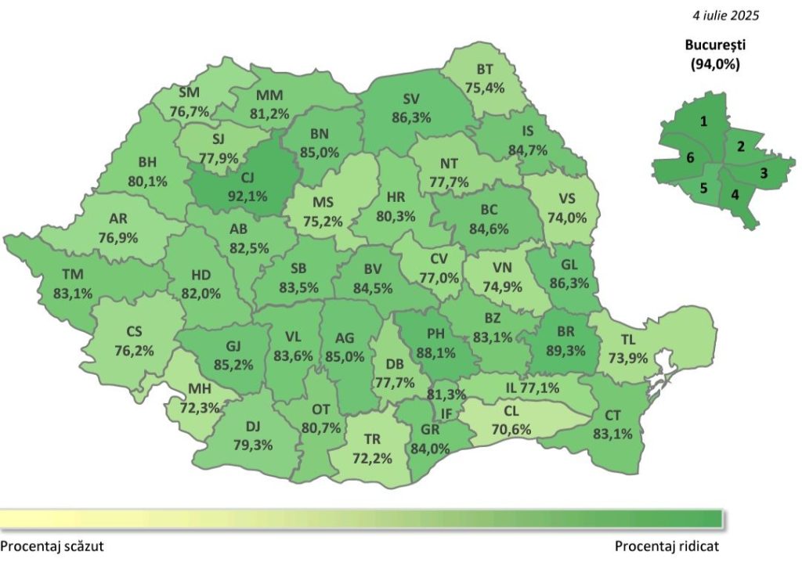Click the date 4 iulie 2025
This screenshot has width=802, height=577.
click(x=725, y=15)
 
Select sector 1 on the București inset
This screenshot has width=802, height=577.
click(x=704, y=121)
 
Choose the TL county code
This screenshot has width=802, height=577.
click(x=628, y=340)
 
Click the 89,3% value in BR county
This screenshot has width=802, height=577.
click(x=565, y=350)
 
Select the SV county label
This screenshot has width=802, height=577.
click(x=411, y=99)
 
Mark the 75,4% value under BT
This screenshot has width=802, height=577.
click(x=485, y=87)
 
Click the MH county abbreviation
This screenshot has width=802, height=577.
click(x=199, y=389)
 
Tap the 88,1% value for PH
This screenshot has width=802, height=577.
click(x=436, y=352)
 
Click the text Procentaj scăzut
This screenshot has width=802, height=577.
click(x=52, y=546)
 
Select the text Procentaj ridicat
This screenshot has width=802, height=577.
click(x=667, y=546)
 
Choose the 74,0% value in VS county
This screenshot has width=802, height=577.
click(x=568, y=218)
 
